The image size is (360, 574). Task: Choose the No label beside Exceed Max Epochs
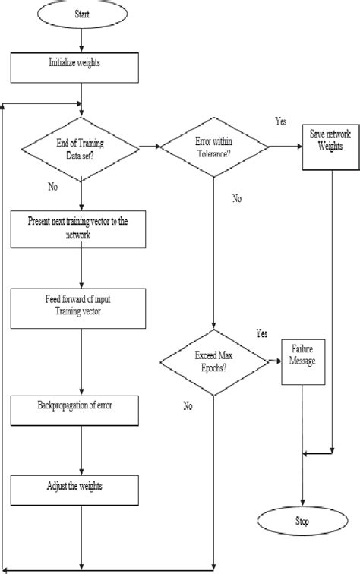[x=188, y=405]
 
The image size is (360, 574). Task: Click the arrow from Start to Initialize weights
[x=81, y=42]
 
